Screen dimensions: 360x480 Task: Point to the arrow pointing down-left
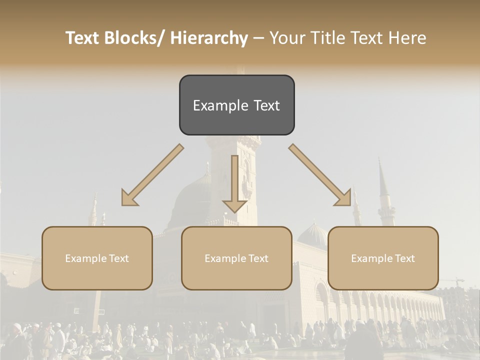point(152,175)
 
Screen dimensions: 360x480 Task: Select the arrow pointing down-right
point(320,175)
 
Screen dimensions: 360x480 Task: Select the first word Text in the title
point(83,38)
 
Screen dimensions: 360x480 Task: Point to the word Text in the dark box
point(266,105)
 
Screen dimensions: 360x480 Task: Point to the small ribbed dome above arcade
point(312,235)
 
